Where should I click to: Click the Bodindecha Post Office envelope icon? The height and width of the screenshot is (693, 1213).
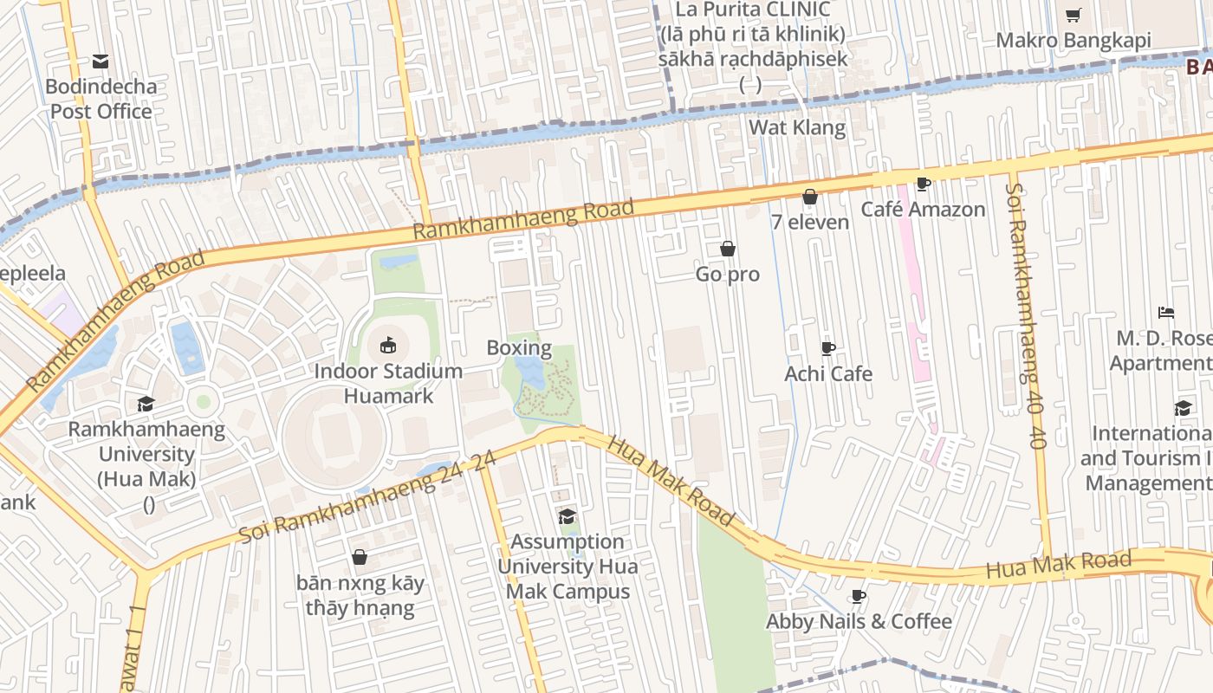tap(101, 62)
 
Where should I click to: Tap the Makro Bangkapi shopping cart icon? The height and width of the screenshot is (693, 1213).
tap(1073, 15)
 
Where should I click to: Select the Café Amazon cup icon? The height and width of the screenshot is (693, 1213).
tap(923, 184)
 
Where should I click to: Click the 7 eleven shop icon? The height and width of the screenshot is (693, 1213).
tap(810, 197)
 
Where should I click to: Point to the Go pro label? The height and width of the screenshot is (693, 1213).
tap(728, 275)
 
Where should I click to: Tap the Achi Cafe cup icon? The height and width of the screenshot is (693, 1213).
tap(828, 348)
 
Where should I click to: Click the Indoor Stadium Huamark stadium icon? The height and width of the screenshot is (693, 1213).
tap(388, 346)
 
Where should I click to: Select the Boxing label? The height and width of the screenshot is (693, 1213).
tap(519, 348)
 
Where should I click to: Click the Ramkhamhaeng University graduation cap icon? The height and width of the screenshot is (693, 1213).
tap(146, 404)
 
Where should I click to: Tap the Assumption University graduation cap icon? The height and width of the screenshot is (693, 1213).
tap(568, 516)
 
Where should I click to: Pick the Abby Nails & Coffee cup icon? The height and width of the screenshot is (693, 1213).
tap(859, 596)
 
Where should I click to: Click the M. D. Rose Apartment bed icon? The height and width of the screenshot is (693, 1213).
tap(1166, 313)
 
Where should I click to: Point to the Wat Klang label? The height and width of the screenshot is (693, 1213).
tap(797, 127)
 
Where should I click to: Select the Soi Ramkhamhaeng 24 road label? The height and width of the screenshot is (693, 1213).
tap(367, 497)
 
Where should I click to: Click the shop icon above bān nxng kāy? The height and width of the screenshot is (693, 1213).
tap(360, 557)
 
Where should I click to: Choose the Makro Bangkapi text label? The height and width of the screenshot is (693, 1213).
tap(1073, 40)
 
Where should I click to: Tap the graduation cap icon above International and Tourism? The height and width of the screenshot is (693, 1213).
tap(1183, 408)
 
